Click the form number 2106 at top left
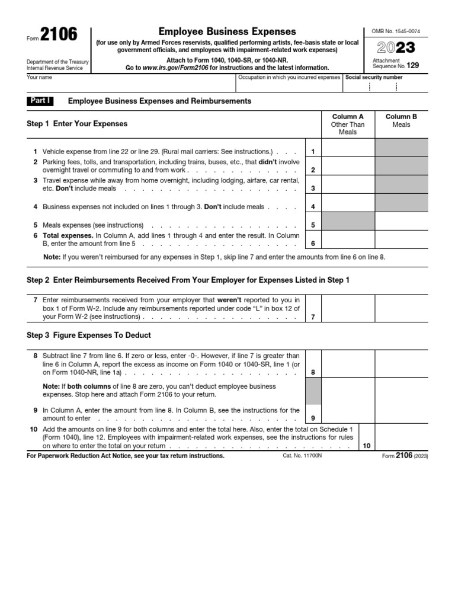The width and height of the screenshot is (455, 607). pyautogui.click(x=59, y=36)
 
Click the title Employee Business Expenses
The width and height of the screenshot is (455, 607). pyautogui.click(x=227, y=31)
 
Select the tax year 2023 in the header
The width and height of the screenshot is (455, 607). pyautogui.click(x=395, y=47)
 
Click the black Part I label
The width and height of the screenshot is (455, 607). pyautogui.click(x=40, y=101)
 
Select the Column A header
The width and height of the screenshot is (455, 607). pyautogui.click(x=348, y=117)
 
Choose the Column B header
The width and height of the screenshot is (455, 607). pyautogui.click(x=401, y=117)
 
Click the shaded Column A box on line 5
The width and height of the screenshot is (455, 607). pyautogui.click(x=348, y=222)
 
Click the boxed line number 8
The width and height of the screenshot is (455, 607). pyautogui.click(x=313, y=372)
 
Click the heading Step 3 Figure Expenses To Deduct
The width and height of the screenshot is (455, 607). pyautogui.click(x=89, y=335)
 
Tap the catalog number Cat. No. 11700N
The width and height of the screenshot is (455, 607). pyautogui.click(x=304, y=456)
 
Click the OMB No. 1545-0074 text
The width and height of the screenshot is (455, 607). pyautogui.click(x=395, y=31)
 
